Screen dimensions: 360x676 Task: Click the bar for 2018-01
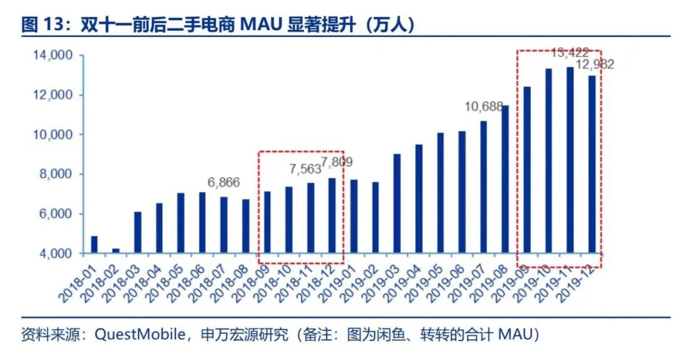coord(94,245)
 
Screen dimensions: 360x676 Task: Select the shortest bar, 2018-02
coord(116,250)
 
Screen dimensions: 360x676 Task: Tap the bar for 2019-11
coord(570,160)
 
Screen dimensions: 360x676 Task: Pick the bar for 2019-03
coord(397,203)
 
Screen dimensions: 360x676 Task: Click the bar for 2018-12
coord(332,215)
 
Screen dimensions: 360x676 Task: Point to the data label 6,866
coord(223,182)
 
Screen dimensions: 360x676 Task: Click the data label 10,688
coord(483,107)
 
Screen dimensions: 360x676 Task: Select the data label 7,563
coord(305,168)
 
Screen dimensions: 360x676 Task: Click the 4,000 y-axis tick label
coord(56,254)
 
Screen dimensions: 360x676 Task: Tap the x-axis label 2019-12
coord(577,279)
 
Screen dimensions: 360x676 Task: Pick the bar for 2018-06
coord(202,222)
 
